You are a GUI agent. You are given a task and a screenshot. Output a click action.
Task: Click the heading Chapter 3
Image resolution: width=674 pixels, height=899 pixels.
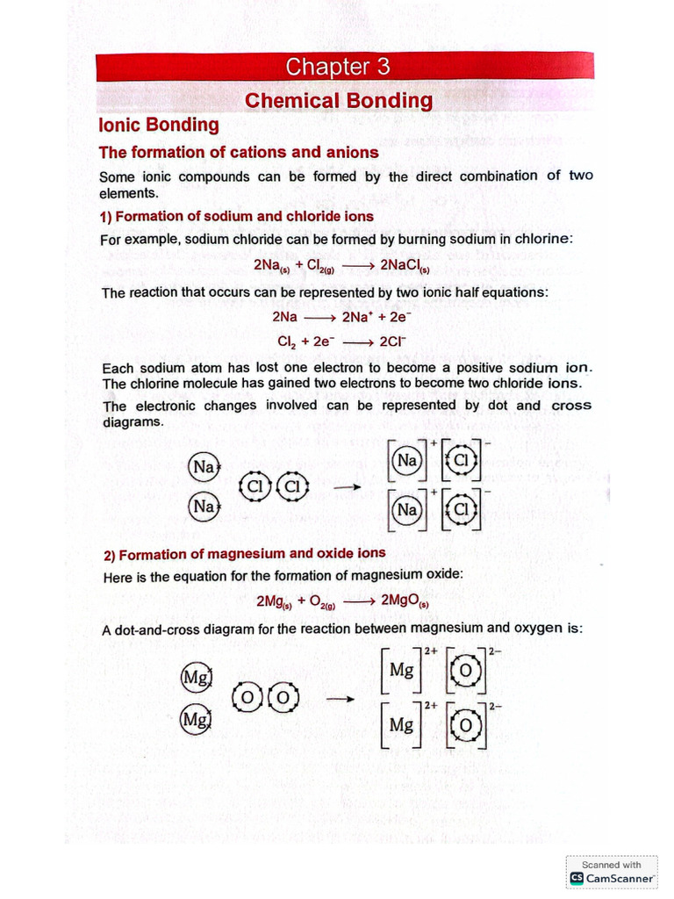[x=338, y=67]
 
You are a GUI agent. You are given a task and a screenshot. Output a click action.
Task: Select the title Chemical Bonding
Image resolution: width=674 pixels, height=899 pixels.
[x=339, y=100]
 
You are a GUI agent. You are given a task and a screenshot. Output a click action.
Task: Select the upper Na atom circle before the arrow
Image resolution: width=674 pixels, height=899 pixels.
[x=204, y=469]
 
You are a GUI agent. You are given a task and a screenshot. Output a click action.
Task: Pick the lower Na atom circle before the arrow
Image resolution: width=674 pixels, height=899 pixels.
[x=204, y=507]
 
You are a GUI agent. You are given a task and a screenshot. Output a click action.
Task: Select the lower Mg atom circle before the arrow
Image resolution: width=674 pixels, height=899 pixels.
[x=195, y=721]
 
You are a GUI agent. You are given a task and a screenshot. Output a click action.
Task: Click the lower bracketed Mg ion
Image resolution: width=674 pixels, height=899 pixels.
[x=401, y=725]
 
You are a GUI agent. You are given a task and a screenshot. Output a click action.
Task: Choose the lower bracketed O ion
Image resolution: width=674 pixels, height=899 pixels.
[x=465, y=726]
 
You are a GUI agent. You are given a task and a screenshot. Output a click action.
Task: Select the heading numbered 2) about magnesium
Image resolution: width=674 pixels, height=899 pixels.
[x=244, y=554]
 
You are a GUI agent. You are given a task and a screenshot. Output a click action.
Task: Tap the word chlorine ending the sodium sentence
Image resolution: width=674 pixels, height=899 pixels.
[x=546, y=239]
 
